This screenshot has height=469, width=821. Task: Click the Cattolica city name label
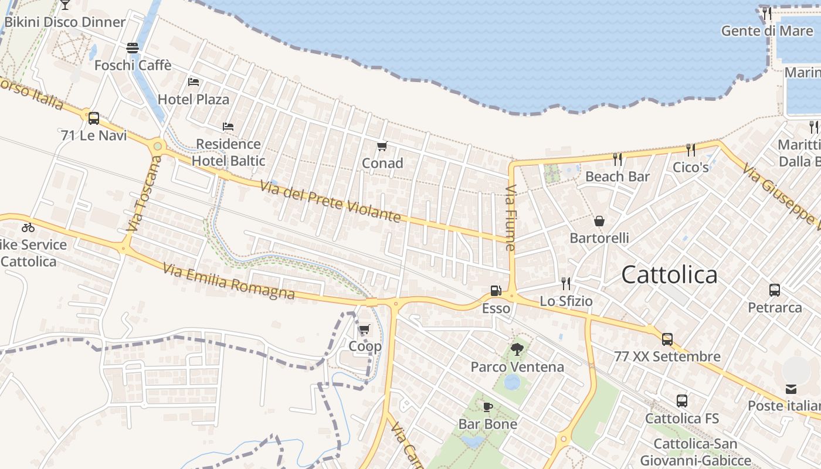pyautogui.click(x=669, y=274)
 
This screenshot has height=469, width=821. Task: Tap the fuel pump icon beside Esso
pyautogui.click(x=496, y=291)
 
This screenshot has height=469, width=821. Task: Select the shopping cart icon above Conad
pyautogui.click(x=382, y=146)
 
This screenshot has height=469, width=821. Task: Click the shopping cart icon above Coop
pyautogui.click(x=365, y=329)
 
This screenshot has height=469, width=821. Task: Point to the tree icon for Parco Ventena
pyautogui.click(x=517, y=349)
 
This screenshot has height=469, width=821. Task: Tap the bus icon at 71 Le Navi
pyautogui.click(x=94, y=118)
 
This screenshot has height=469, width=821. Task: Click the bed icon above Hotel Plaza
pyautogui.click(x=194, y=82)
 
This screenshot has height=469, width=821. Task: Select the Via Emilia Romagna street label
pyautogui.click(x=229, y=281)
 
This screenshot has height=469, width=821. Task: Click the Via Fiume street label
pyautogui.click(x=510, y=218)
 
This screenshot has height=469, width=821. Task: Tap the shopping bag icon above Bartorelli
pyautogui.click(x=599, y=221)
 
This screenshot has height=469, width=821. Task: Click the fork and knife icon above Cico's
pyautogui.click(x=691, y=150)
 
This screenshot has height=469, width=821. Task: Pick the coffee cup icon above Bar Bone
pyautogui.click(x=487, y=407)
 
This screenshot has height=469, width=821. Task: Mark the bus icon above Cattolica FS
pyautogui.click(x=681, y=401)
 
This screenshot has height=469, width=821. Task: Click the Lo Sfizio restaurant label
pyautogui.click(x=566, y=301)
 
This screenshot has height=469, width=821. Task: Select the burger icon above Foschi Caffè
pyautogui.click(x=133, y=48)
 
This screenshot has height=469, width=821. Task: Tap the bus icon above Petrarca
pyautogui.click(x=774, y=290)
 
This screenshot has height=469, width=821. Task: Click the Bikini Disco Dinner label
pyautogui.click(x=65, y=22)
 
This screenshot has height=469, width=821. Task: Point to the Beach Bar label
pyautogui.click(x=618, y=176)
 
